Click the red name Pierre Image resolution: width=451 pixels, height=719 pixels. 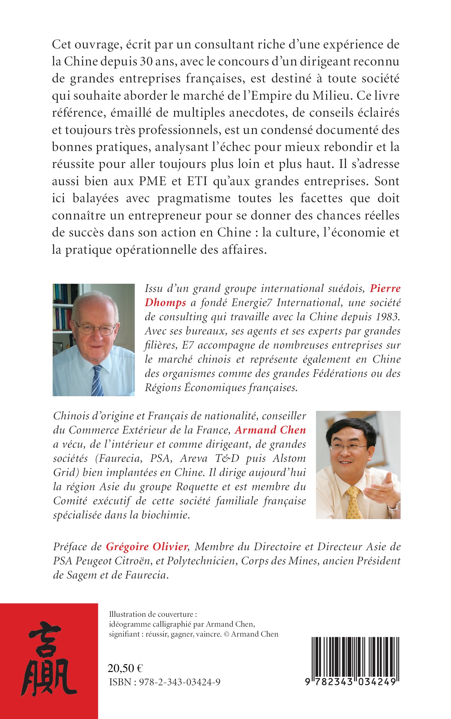(385, 289)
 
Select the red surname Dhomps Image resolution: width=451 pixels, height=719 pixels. (165, 303)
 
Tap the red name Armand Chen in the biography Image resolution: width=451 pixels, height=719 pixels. (270, 430)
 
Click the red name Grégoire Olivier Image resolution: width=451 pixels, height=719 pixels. (147, 547)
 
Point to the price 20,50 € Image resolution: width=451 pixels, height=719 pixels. (125, 668)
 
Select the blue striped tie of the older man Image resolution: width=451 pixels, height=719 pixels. (97, 380)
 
